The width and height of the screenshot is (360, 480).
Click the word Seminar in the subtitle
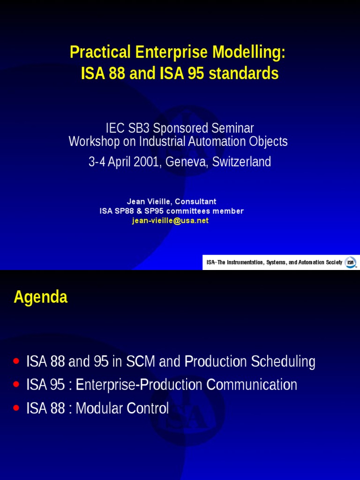232,127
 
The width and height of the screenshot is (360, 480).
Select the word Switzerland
241,162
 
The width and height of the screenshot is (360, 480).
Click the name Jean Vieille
149,202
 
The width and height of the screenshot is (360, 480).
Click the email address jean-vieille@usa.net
170,221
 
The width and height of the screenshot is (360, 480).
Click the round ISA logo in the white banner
350,262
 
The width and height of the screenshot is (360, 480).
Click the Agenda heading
41,297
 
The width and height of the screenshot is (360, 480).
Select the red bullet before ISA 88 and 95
17,361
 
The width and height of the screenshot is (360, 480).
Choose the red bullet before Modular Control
17,408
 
